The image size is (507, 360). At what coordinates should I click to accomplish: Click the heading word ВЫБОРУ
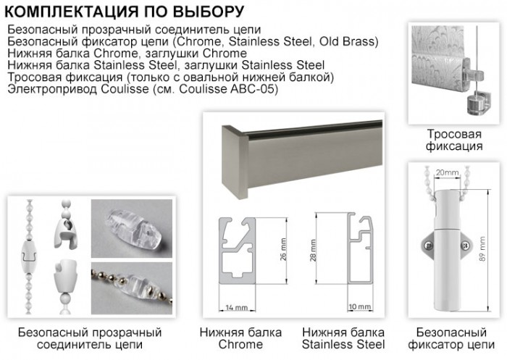point(209,12)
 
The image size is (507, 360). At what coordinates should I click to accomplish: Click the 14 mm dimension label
point(237,307)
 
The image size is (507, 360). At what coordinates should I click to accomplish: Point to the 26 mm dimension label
point(283,249)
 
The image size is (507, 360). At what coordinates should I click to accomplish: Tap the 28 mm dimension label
point(314,251)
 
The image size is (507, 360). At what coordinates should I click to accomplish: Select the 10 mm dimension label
point(360,306)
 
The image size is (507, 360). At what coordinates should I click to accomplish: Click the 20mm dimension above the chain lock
point(447,172)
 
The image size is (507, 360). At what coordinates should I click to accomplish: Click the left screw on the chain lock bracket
point(429,246)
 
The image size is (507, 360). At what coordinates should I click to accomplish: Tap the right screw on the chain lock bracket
point(465,246)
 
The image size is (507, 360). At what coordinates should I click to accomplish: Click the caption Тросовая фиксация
point(454,140)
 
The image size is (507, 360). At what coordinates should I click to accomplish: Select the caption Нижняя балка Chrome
point(240,338)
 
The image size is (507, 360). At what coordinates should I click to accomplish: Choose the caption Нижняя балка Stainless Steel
point(343,338)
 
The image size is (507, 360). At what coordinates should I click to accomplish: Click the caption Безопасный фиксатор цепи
point(451,338)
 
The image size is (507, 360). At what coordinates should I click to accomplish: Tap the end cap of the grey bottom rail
point(235,161)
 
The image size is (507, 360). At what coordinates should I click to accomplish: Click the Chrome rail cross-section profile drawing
point(238,251)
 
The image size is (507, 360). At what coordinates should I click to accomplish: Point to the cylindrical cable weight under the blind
point(476,103)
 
